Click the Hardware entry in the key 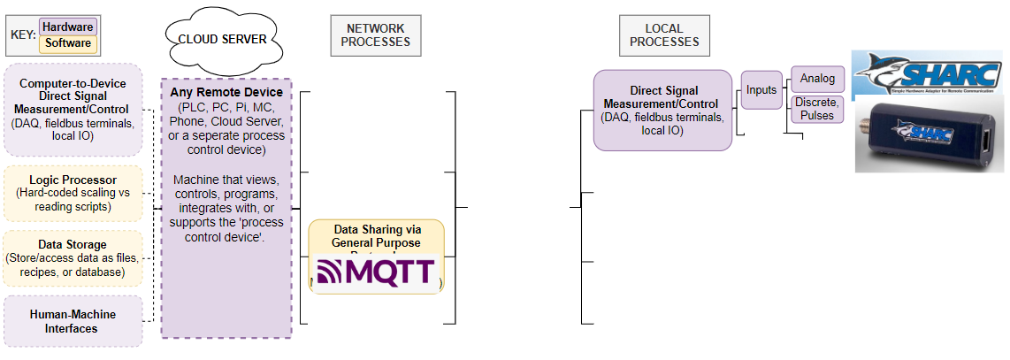(67, 27)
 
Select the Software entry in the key (67, 42)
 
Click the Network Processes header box (377, 34)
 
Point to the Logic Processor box (73, 193)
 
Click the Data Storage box (73, 257)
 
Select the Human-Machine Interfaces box (73, 321)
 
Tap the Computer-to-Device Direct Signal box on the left (73, 110)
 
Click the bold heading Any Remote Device (226, 92)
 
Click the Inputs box (761, 89)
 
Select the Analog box (817, 79)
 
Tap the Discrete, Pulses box (817, 109)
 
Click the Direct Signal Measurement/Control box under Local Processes (663, 110)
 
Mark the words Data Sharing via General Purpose (376, 235)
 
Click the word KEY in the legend (22, 35)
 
